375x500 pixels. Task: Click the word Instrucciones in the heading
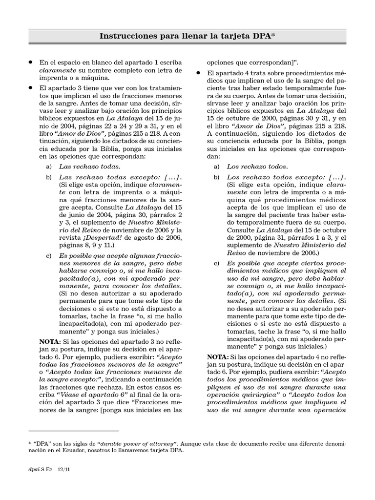(128, 36)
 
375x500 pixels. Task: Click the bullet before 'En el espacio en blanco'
(30, 62)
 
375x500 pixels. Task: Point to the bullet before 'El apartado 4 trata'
(199, 72)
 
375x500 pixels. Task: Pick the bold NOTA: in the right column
(218, 357)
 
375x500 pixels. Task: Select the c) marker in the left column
(48, 256)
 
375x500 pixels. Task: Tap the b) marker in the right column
(216, 176)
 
